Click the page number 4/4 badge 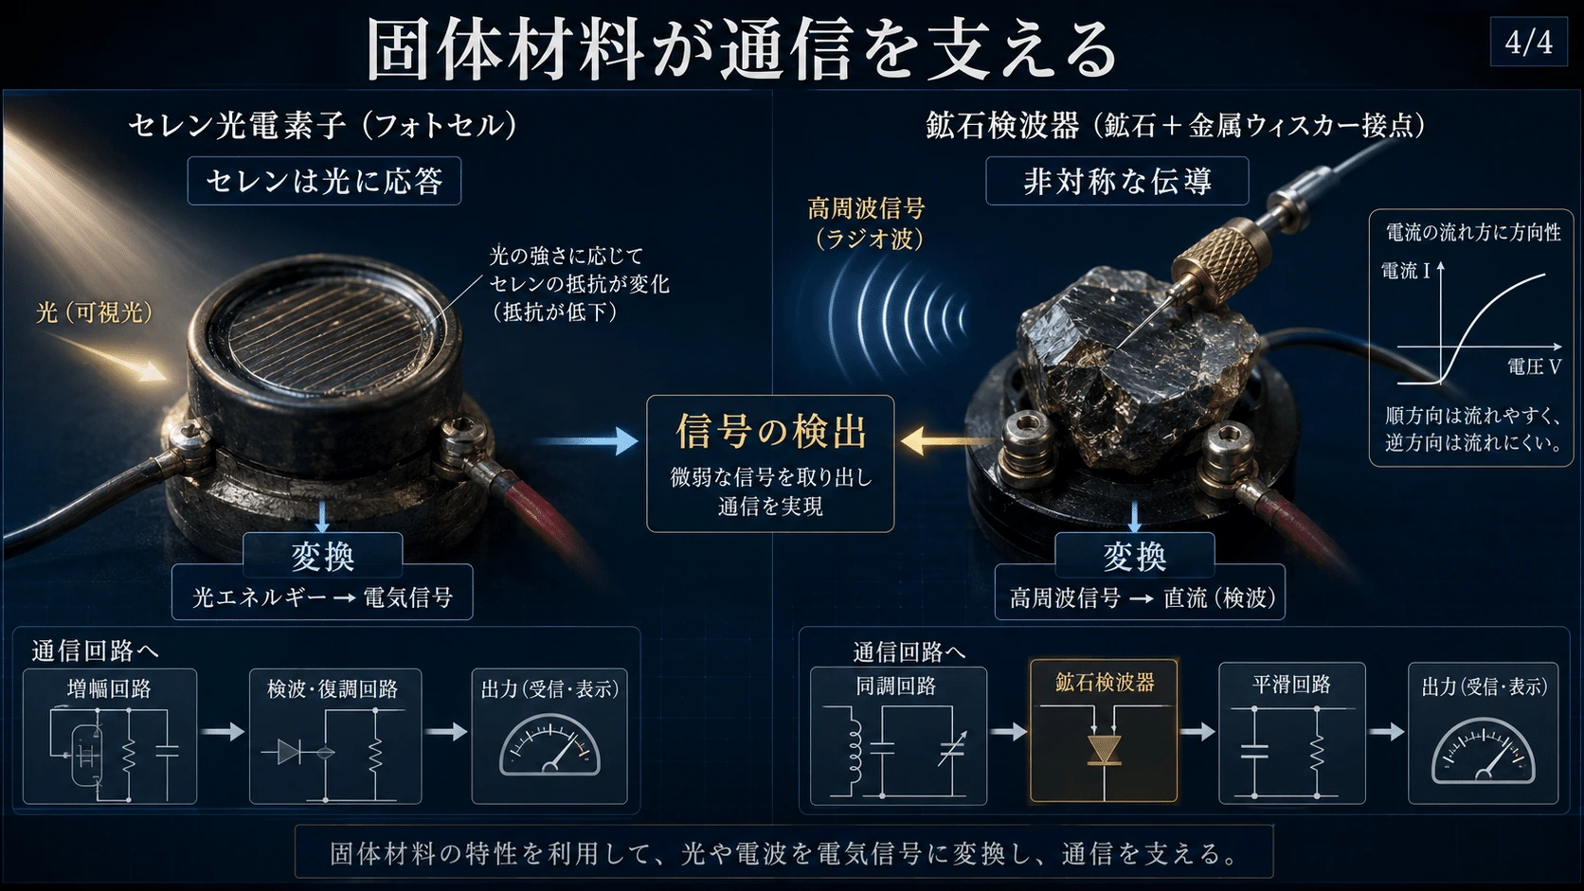1528,42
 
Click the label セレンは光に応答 324,182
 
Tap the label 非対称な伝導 1117,182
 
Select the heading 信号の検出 771,430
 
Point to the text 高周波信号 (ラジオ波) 867,223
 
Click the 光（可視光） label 94,312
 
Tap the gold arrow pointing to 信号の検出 947,441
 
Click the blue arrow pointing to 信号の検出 587,441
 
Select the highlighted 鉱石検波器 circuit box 1104,731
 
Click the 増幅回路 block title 110,688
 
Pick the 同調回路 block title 896,686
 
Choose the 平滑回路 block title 1292,684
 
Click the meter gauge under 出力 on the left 549,746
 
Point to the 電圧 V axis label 1534,366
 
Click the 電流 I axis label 1406,271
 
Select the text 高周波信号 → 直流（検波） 1143,598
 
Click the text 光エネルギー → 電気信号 322,597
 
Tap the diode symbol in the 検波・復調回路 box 289,752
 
